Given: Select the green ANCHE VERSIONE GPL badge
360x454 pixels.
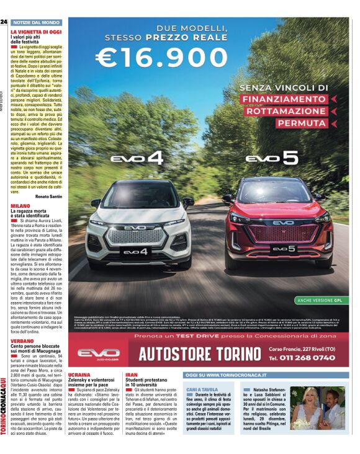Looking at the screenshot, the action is [x=320, y=300].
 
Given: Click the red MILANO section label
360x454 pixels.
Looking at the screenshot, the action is [x=20, y=205].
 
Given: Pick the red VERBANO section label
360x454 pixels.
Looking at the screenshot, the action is [x=22, y=341].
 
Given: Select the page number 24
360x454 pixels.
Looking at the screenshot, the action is [x=4, y=22].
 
